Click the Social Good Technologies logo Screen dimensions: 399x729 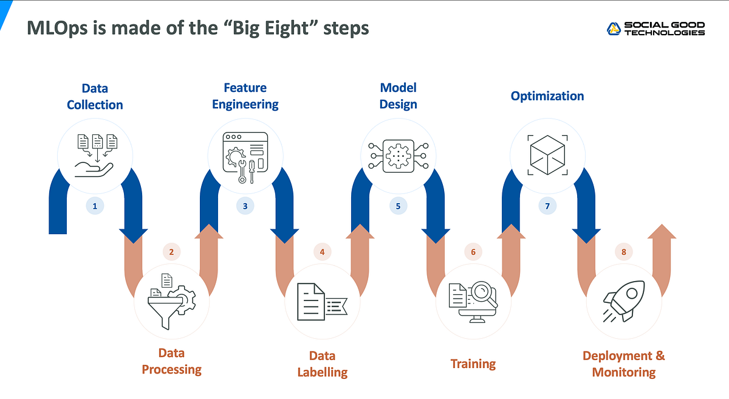(656, 29)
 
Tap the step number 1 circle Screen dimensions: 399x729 (95, 206)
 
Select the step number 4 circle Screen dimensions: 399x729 (322, 252)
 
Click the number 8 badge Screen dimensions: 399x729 (623, 252)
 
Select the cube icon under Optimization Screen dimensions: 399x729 (547, 154)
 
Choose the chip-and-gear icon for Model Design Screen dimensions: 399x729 (398, 155)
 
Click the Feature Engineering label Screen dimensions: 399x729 (245, 96)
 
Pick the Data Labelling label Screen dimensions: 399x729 (322, 364)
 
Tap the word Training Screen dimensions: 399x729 (473, 364)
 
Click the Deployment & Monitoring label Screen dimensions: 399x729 (623, 364)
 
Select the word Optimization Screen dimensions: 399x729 (547, 96)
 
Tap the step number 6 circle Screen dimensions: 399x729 (473, 252)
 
